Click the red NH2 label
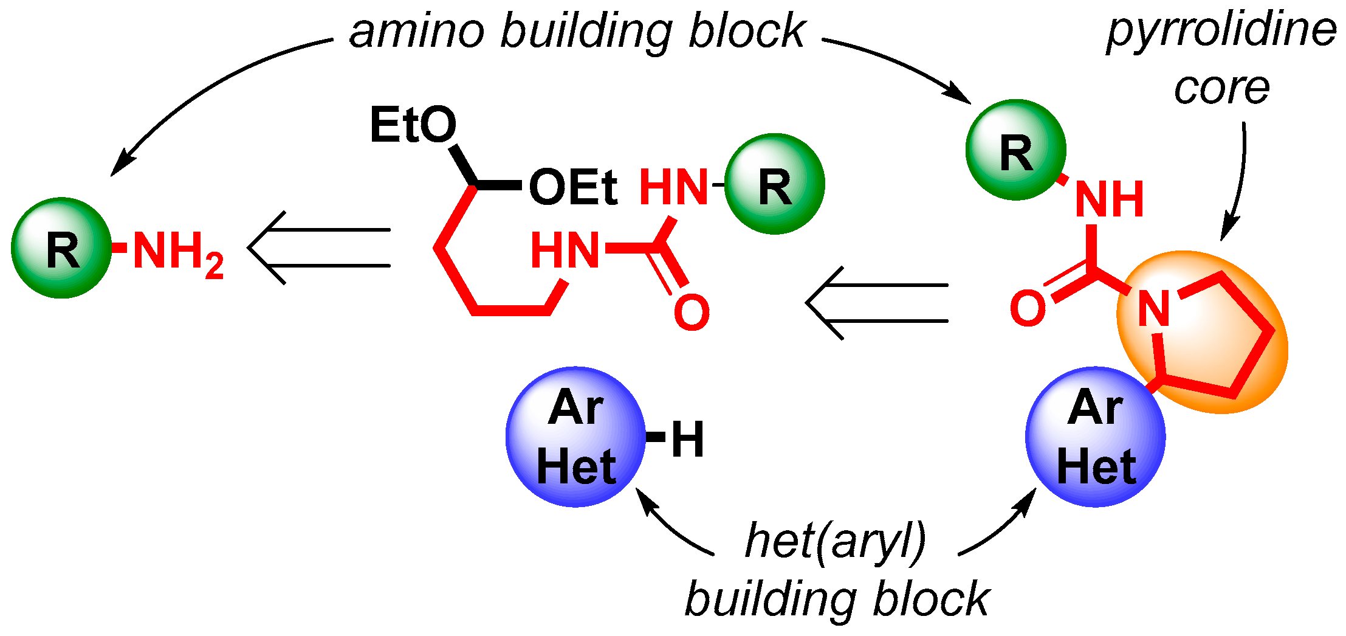click(177, 252)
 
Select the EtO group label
click(413, 125)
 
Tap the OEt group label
click(573, 187)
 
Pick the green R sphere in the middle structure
click(775, 184)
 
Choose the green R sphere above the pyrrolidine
click(1016, 150)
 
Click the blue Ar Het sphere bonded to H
click(575, 437)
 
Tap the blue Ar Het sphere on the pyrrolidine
click(1096, 437)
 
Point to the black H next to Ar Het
click(687, 439)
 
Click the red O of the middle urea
click(692, 313)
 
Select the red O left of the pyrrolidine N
click(1028, 308)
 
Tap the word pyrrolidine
click(1221, 32)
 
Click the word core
click(1221, 88)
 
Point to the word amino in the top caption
click(416, 32)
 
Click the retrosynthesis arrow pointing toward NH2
click(319, 248)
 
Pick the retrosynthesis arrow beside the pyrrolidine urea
click(877, 303)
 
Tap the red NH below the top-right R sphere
click(1110, 199)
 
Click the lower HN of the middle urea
click(565, 251)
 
